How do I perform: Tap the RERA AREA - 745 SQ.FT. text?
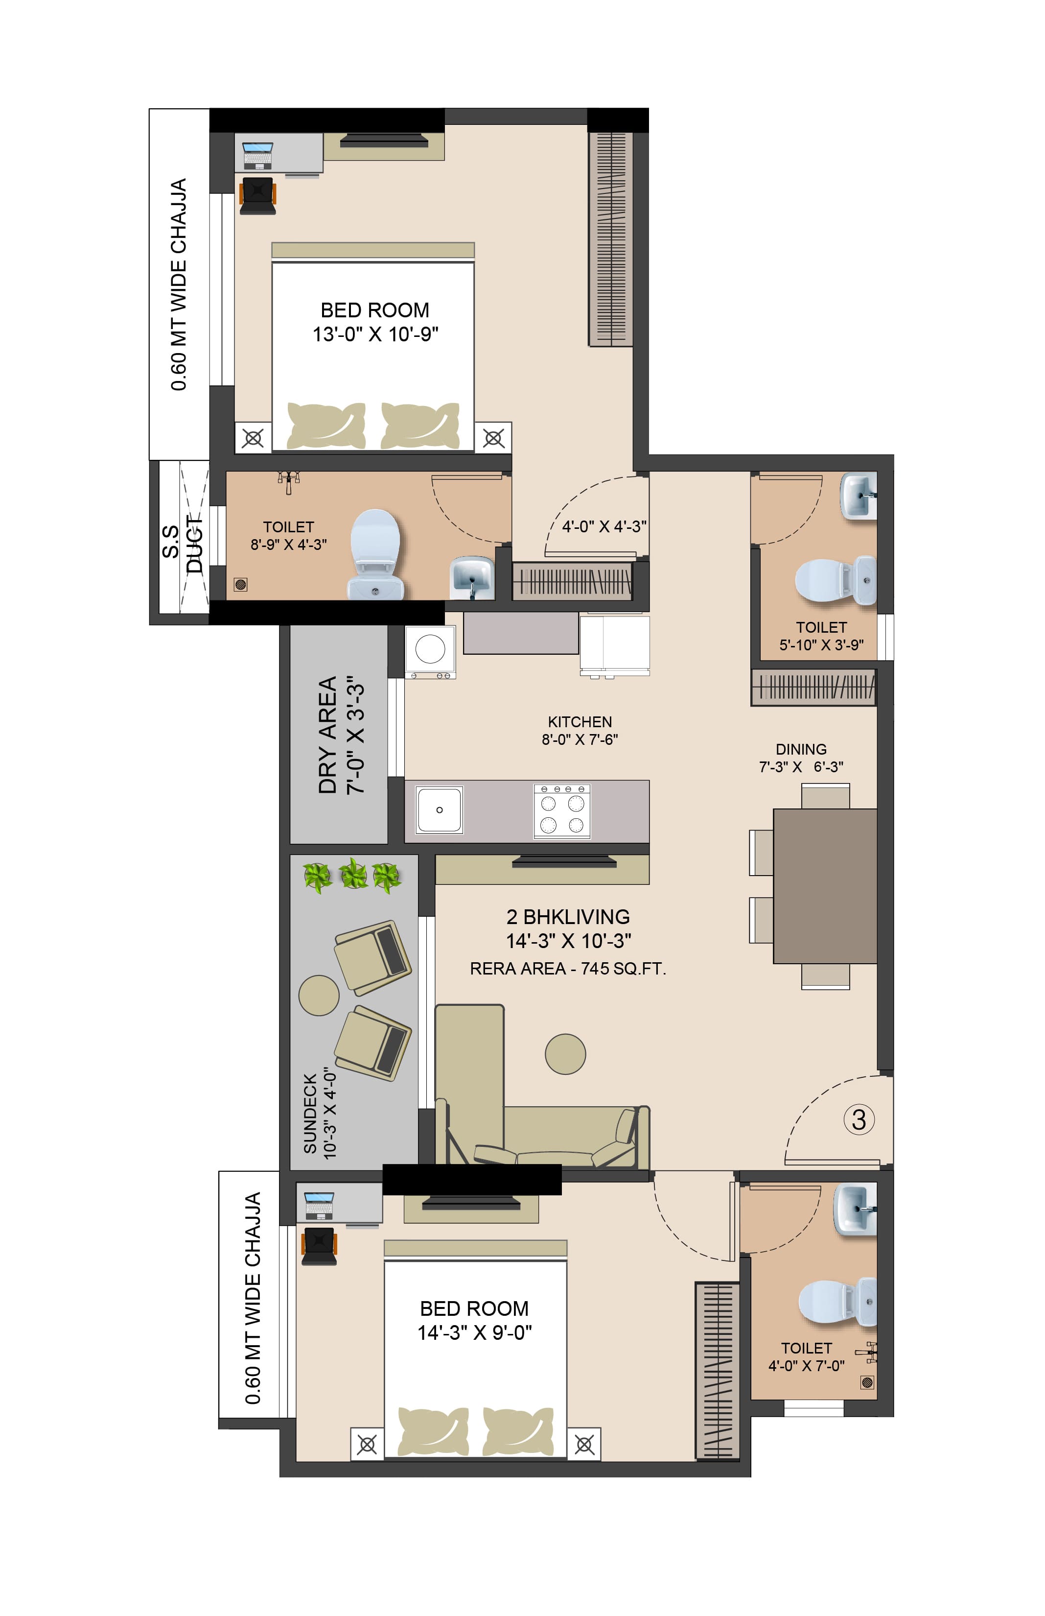pos(568,969)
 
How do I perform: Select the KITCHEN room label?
pos(580,721)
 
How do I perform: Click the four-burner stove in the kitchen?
pos(562,811)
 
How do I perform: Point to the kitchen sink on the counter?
pos(440,809)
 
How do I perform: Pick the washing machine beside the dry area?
pos(430,652)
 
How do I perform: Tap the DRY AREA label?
pos(328,735)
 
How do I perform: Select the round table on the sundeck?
pos(319,995)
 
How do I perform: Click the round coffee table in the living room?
pos(565,1054)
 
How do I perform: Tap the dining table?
pos(824,886)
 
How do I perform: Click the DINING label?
pos(801,749)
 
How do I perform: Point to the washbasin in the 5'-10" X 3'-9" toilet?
pos(859,496)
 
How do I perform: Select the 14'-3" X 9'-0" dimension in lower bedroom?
pos(474,1333)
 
